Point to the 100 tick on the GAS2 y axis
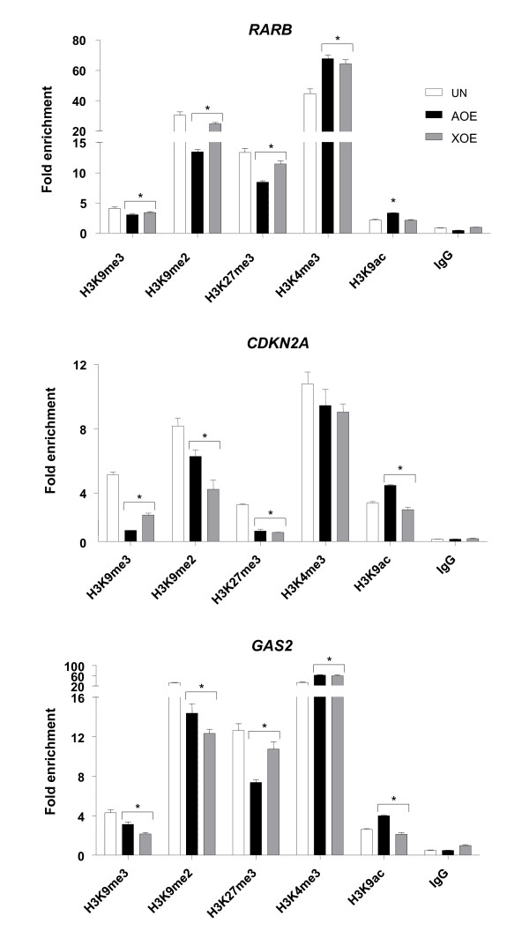click(x=76, y=667)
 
